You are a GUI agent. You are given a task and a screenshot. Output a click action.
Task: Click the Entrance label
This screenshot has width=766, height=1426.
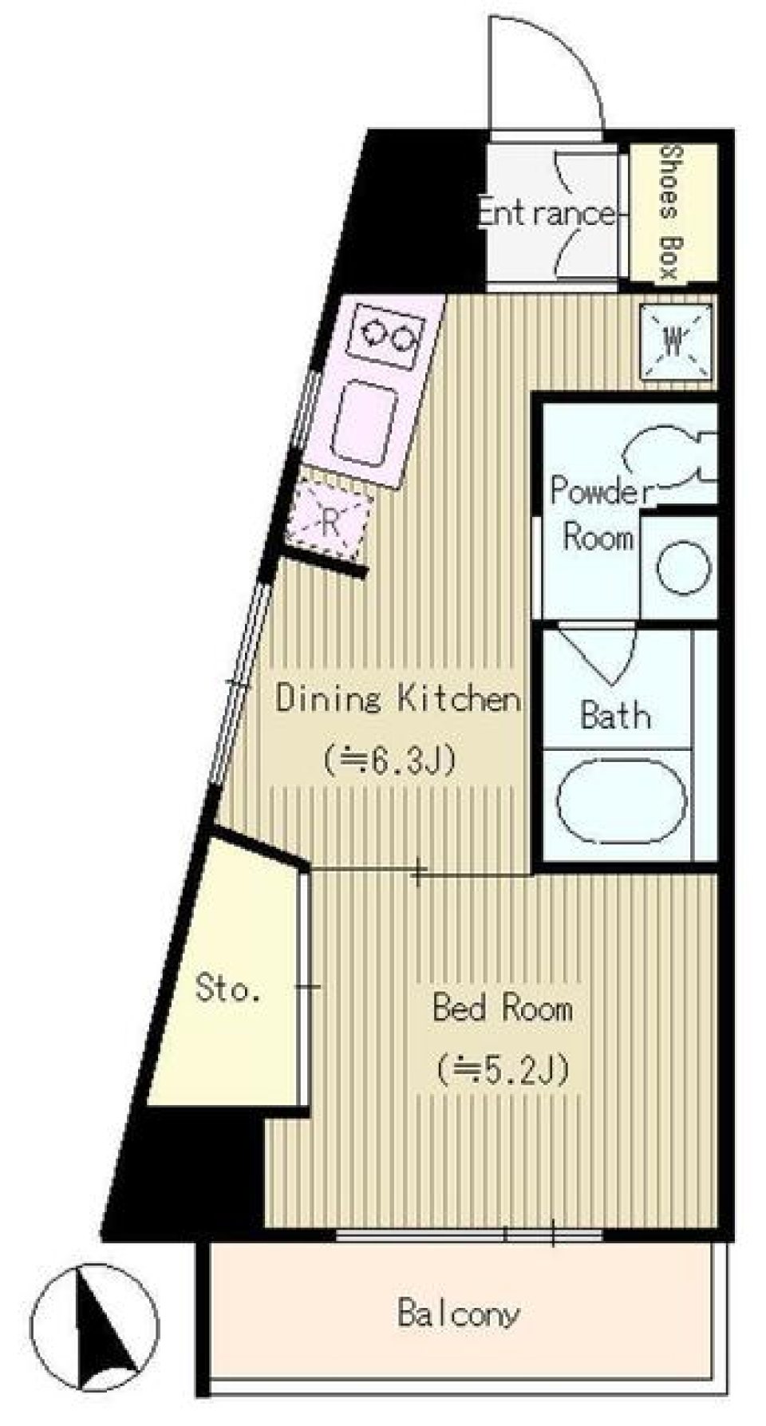[x=547, y=213]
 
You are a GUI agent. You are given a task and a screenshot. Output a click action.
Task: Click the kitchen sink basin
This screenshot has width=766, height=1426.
[x=365, y=423]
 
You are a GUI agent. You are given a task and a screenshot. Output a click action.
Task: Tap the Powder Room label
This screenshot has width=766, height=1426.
[x=598, y=513]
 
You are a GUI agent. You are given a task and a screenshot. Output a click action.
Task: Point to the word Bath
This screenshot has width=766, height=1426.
[x=615, y=714]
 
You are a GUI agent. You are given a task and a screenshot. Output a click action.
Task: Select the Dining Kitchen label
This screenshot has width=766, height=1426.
[x=398, y=698]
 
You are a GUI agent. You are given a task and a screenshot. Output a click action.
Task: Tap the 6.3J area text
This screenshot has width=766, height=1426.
[x=390, y=759]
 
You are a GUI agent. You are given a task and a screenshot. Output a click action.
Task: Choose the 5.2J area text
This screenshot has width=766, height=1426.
[x=503, y=1069]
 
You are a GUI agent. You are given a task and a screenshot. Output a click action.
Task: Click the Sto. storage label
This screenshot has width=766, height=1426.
[x=227, y=990]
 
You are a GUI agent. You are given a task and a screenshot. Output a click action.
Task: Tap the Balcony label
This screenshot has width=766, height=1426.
[x=459, y=1313]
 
